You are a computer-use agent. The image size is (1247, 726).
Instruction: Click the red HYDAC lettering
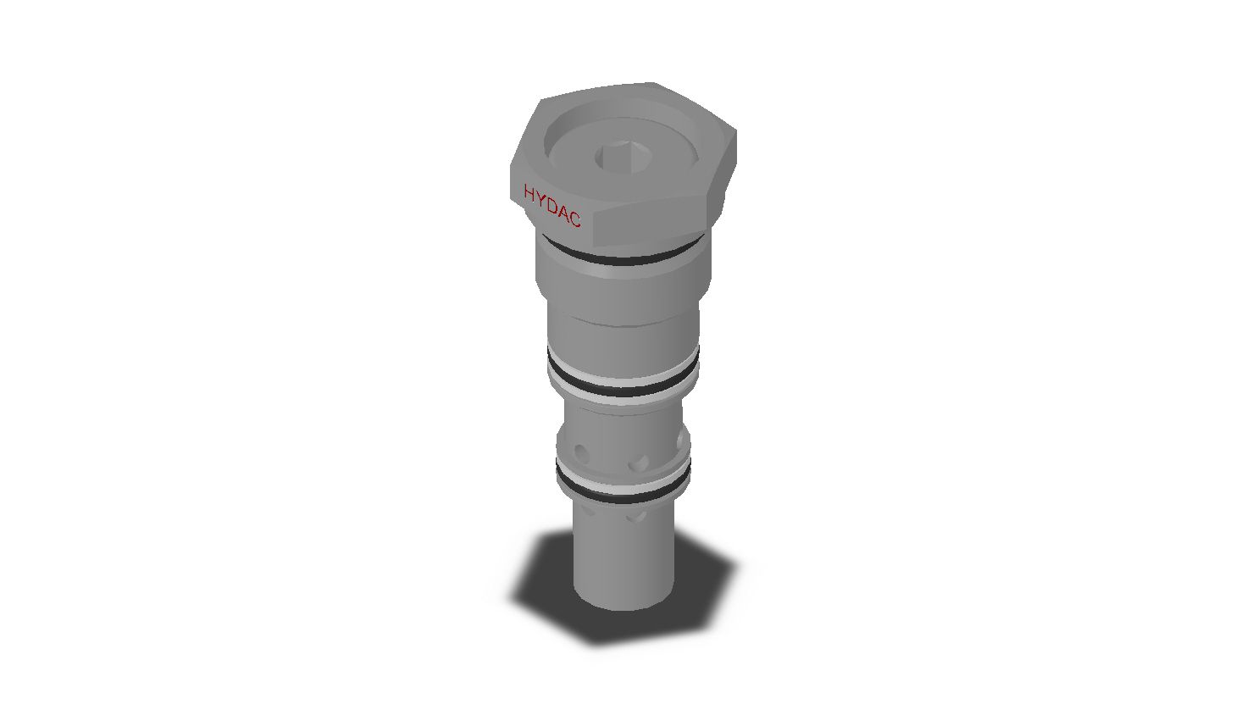pos(552,207)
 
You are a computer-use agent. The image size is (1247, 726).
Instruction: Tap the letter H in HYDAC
pos(529,193)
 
